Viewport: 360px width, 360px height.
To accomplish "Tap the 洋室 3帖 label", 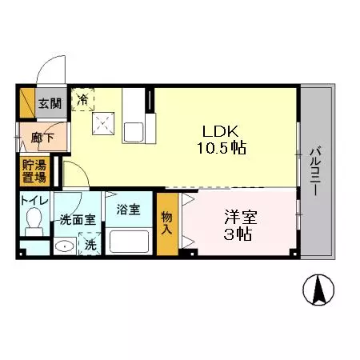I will click(x=238, y=226).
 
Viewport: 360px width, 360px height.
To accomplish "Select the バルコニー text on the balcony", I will click(x=316, y=168).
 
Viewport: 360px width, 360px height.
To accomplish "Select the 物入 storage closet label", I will click(x=166, y=222).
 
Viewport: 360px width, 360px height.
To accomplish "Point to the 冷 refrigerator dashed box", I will click(x=84, y=99).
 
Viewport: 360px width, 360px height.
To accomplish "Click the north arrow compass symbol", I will click(x=321, y=289).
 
